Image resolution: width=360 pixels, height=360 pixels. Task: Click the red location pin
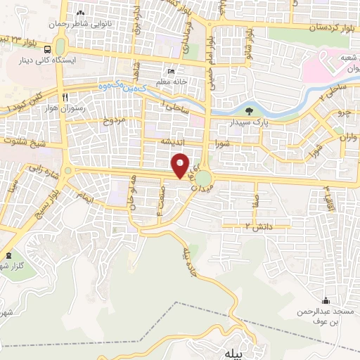pos(181,166)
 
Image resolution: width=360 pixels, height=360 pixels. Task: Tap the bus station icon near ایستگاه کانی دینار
pos(46,50)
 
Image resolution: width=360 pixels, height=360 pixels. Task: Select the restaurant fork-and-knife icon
pos(65,97)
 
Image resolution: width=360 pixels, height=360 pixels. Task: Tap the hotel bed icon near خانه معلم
pos(169,72)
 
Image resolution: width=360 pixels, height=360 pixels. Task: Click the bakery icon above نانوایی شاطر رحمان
pos(80,13)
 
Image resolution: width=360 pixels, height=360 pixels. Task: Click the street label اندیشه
pos(174,141)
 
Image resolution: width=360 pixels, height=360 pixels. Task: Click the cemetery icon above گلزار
pos(8,255)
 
